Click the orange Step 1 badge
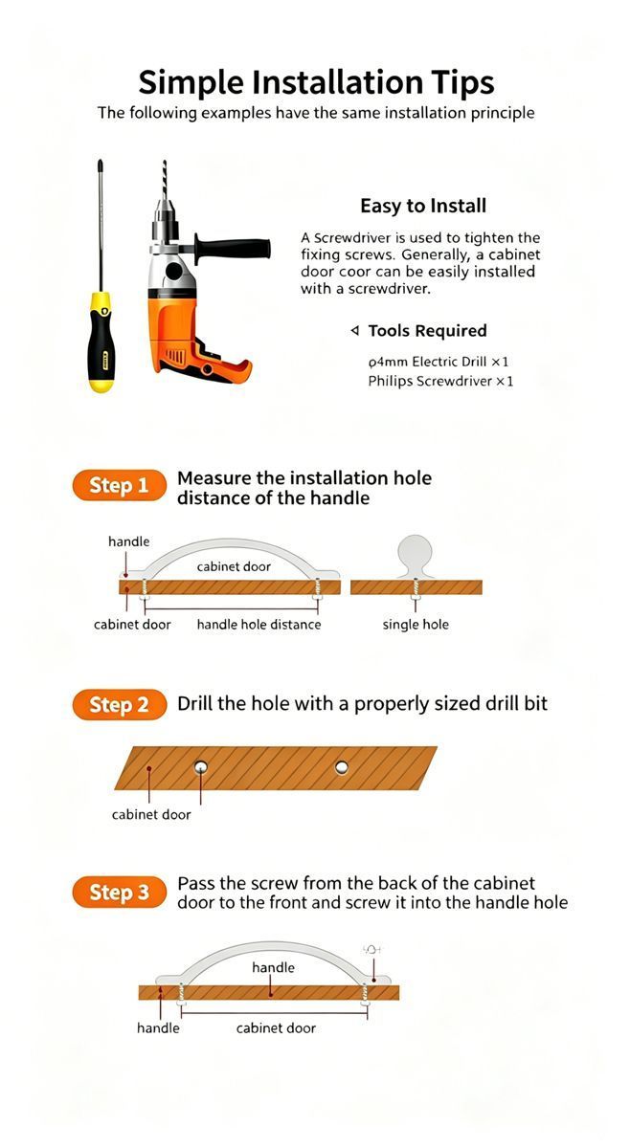120,485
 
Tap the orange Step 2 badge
120,705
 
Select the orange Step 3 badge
120,893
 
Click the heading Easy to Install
423,206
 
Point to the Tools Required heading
427,331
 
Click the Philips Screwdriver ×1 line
440,381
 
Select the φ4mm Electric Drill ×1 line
439,362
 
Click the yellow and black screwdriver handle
101,342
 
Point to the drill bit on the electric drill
164,180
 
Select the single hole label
416,624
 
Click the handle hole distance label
259,624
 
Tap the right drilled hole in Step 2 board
341,767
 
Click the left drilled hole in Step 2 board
201,767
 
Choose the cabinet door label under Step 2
151,814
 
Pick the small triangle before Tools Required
354,331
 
